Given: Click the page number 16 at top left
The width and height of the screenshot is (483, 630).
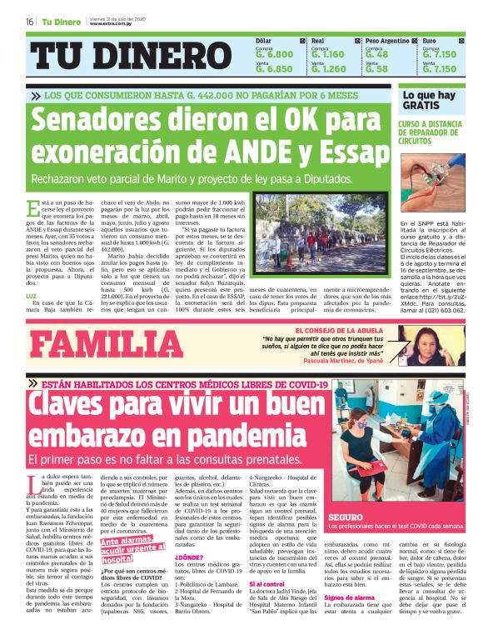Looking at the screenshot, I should [29, 22].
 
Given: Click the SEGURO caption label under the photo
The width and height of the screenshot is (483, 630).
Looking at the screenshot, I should [345, 517].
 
